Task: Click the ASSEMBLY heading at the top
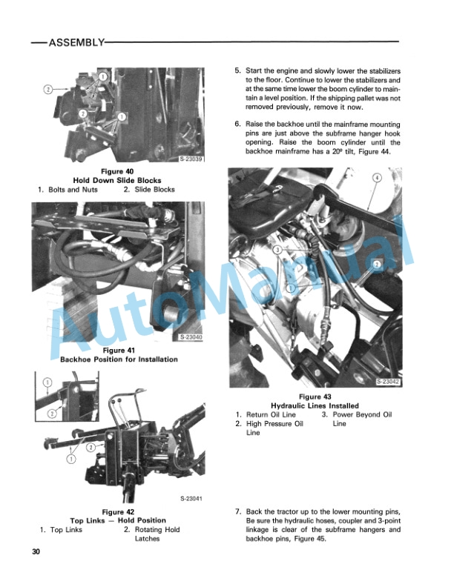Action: pyautogui.click(x=76, y=42)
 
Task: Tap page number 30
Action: pyautogui.click(x=36, y=551)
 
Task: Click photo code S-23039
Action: pyautogui.click(x=191, y=159)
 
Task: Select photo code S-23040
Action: pyautogui.click(x=191, y=337)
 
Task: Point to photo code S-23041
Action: pyautogui.click(x=191, y=499)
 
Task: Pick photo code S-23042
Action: pyautogui.click(x=388, y=382)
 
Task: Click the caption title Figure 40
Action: pyautogui.click(x=117, y=171)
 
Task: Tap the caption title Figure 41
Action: pyautogui.click(x=119, y=351)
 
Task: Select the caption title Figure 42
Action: pyautogui.click(x=118, y=511)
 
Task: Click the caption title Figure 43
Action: pyautogui.click(x=315, y=397)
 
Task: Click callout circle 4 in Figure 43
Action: pyautogui.click(x=377, y=177)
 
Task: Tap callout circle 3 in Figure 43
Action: pyautogui.click(x=277, y=250)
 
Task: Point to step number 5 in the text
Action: pyautogui.click(x=237, y=70)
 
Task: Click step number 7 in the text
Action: pyautogui.click(x=238, y=511)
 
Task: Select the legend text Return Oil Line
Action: pyautogui.click(x=271, y=414)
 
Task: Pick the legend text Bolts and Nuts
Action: pyautogui.click(x=73, y=190)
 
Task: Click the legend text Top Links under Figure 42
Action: pyautogui.click(x=66, y=530)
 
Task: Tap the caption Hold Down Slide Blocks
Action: pyautogui.click(x=117, y=180)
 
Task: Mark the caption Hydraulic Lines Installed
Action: pyautogui.click(x=315, y=406)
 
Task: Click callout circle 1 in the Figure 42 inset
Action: pyautogui.click(x=47, y=382)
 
